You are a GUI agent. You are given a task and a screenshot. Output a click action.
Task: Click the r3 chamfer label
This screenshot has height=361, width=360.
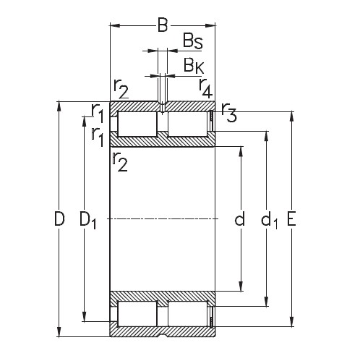pyautogui.click(x=228, y=113)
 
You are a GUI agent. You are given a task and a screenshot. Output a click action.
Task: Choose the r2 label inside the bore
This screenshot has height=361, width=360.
pyautogui.click(x=120, y=163)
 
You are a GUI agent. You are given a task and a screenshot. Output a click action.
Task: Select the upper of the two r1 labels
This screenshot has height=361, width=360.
pyautogui.click(x=98, y=112)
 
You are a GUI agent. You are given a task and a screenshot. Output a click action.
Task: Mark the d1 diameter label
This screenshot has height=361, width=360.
pyautogui.click(x=269, y=220)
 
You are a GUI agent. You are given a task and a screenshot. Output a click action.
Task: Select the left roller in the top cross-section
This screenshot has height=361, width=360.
pyautogui.click(x=137, y=124)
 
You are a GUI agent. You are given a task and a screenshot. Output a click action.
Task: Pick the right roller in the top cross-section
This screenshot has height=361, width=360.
pyautogui.click(x=187, y=124)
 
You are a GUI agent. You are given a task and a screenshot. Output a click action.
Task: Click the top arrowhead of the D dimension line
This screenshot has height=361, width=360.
pyautogui.click(x=59, y=104)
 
